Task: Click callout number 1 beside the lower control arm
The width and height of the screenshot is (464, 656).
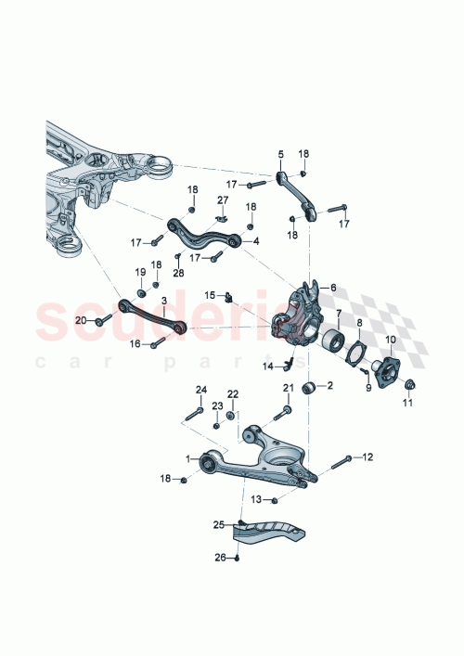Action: click(188, 458)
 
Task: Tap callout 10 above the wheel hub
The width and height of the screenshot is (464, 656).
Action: click(390, 340)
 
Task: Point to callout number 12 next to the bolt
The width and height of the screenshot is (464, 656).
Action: click(367, 457)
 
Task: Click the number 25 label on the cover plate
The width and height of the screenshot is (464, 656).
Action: click(219, 525)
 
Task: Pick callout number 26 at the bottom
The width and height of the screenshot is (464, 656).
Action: click(219, 558)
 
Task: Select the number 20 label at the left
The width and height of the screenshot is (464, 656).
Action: click(80, 320)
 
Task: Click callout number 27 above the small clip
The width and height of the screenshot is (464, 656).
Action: click(223, 199)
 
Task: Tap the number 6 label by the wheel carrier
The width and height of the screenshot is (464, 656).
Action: click(333, 289)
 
